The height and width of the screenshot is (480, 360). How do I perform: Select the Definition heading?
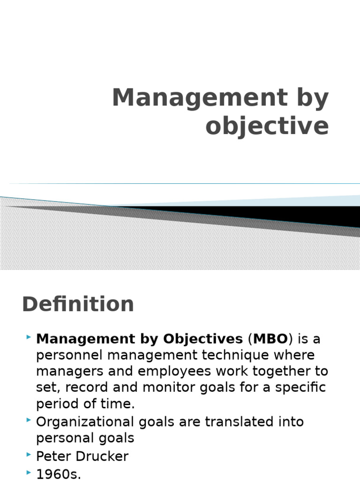click(78, 304)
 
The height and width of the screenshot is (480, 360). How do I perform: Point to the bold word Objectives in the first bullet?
click(203, 338)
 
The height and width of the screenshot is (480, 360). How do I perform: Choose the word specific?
click(300, 388)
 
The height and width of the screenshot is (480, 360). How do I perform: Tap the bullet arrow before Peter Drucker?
click(29, 455)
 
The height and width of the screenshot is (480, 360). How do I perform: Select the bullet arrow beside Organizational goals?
click(29, 420)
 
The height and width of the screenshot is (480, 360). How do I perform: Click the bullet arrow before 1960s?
click(29, 471)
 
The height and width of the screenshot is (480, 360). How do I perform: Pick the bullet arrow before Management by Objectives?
click(29, 337)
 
